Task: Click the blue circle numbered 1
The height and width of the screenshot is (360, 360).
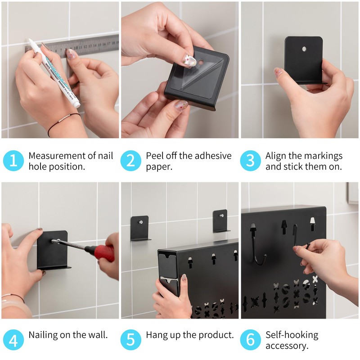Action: tap(13, 161)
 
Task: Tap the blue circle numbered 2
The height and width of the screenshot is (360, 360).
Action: tap(130, 161)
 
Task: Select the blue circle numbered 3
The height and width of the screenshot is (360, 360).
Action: tap(250, 161)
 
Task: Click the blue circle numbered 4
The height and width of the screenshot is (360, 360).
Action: tap(13, 340)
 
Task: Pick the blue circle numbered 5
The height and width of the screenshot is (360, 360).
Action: tap(130, 340)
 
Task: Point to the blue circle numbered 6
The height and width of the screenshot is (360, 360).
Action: tap(250, 340)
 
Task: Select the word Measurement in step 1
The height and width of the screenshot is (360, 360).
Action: tap(57, 156)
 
